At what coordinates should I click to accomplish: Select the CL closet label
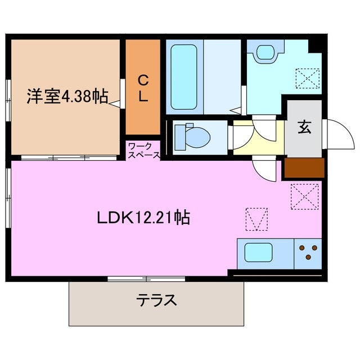coord(143,87)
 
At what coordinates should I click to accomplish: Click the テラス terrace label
coord(156,300)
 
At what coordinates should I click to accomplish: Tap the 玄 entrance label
coord(304,127)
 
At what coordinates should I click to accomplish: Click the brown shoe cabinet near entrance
coord(304,167)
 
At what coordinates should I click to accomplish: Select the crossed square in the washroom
coord(307,79)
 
